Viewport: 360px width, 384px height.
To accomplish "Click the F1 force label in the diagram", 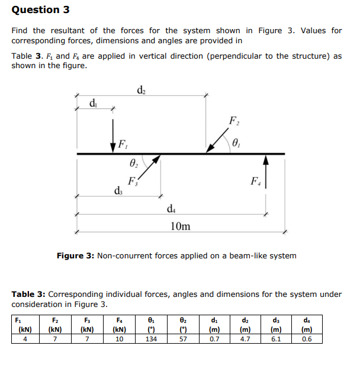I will [122, 143].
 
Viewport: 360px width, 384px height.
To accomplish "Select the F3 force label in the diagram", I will [133, 182].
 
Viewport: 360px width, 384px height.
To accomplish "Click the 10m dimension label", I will [180, 226].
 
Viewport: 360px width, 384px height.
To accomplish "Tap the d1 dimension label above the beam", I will [94, 103].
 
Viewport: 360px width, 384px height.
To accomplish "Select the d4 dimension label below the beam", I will [172, 208].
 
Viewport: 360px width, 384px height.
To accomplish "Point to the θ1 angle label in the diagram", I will [237, 142].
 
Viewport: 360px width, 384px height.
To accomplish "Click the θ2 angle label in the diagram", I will [134, 163].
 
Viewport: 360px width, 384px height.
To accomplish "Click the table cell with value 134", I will [151, 339].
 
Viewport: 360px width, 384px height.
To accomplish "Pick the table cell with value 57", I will [183, 339].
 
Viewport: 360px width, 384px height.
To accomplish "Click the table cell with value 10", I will [120, 339].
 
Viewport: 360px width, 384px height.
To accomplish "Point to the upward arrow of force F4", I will [266, 171].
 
